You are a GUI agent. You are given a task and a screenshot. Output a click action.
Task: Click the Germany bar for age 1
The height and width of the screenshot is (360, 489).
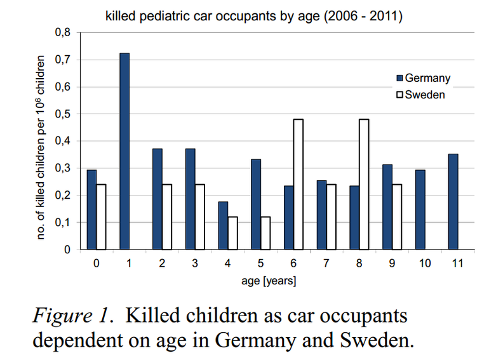coord(124,151)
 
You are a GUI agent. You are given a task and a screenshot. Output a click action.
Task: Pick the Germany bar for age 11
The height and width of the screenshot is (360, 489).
coord(453,202)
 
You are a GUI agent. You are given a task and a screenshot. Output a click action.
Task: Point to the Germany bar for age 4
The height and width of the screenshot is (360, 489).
coord(224,225)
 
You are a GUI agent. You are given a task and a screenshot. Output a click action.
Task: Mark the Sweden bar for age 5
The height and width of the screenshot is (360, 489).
coord(266,233)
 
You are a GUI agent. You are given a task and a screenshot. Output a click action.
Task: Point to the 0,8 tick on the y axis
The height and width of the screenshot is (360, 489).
coord(63,32)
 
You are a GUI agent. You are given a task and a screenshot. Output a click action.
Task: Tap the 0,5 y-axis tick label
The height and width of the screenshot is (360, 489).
coord(63,114)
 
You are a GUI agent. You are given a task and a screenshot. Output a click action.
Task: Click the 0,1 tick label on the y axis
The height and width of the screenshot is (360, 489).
coord(63,223)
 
